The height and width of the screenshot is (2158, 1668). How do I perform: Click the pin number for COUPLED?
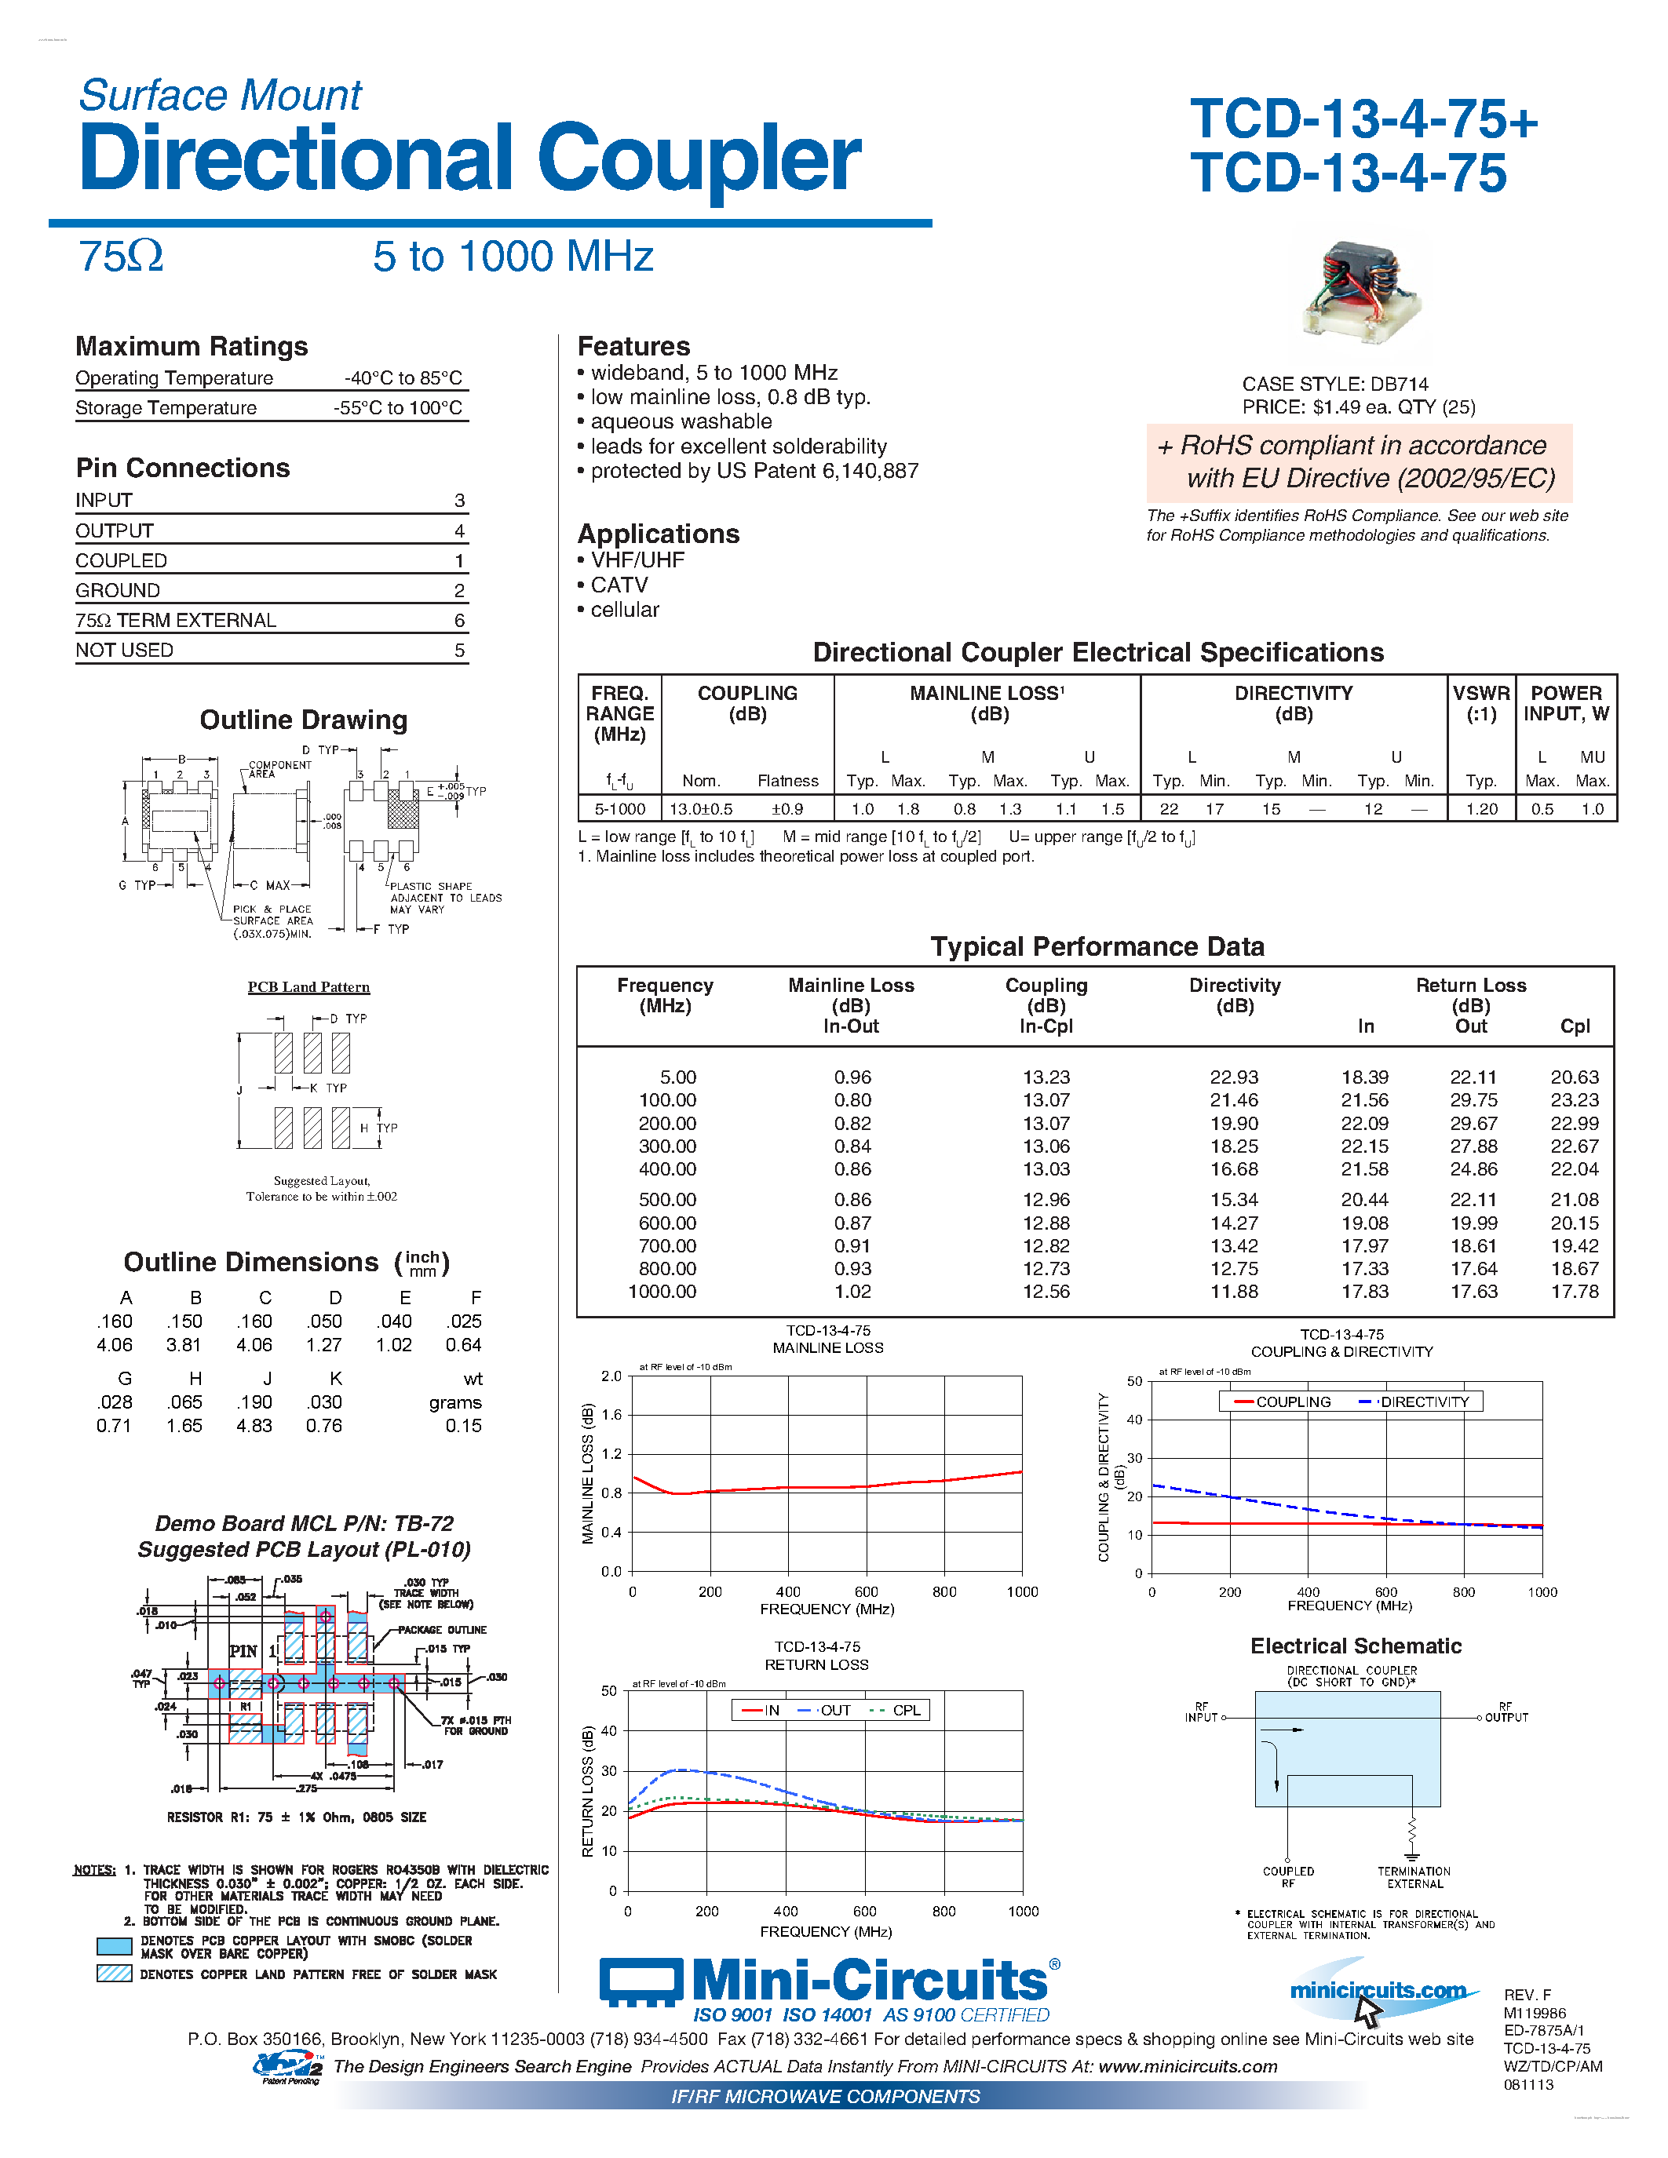[458, 560]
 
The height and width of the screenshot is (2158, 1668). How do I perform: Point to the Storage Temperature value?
[397, 408]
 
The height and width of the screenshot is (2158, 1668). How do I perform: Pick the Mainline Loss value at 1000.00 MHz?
[852, 1292]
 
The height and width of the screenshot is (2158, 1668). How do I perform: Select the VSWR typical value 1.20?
[1480, 809]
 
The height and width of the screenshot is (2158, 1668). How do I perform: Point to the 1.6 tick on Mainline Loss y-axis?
[611, 1415]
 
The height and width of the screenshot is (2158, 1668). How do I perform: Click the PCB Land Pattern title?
[308, 987]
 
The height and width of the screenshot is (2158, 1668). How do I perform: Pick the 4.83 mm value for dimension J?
[254, 1426]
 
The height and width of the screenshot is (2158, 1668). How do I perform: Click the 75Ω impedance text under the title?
[121, 257]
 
